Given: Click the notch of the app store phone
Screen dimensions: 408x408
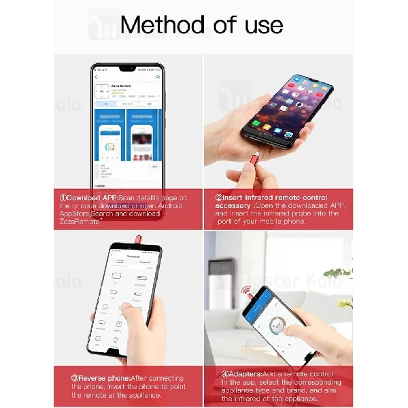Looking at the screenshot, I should point(127,69).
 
